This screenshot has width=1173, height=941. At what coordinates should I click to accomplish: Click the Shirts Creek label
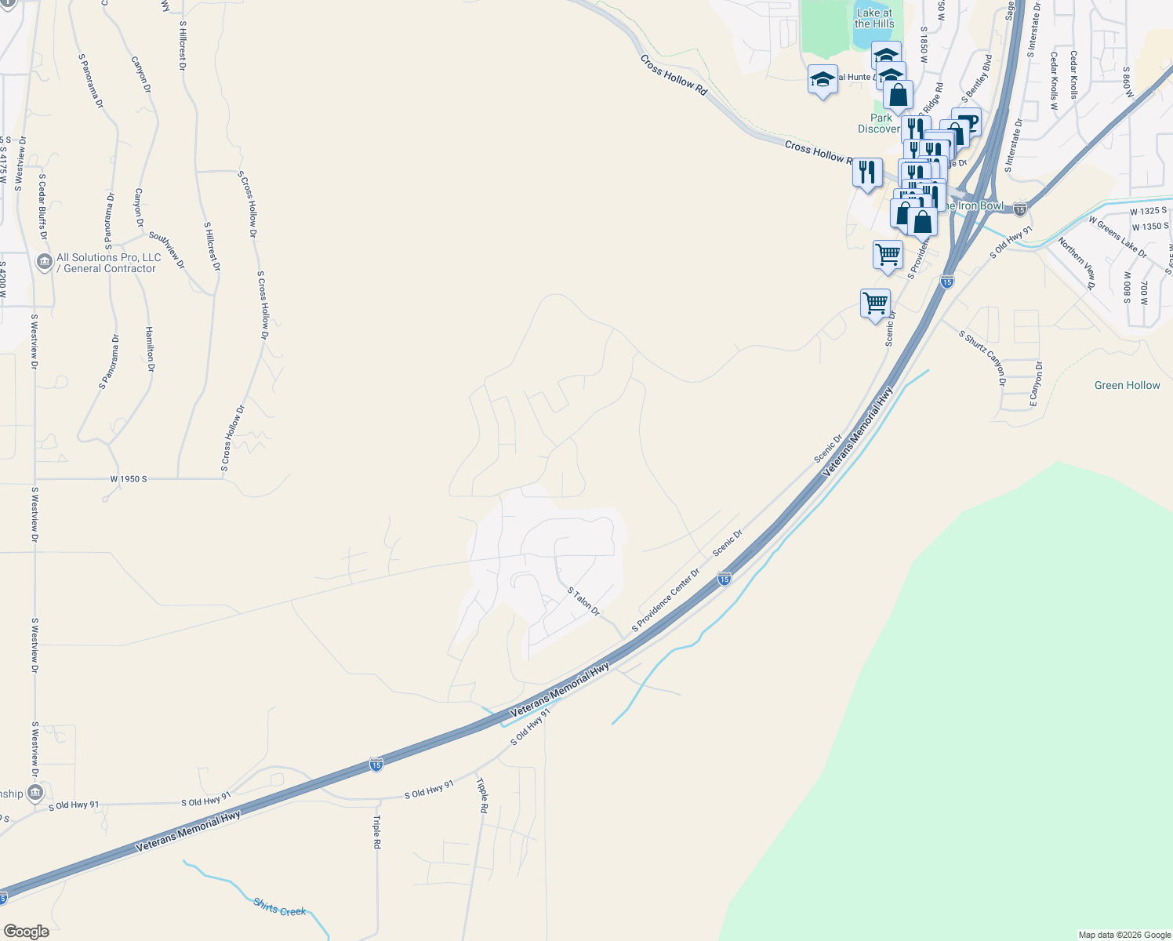click(x=279, y=908)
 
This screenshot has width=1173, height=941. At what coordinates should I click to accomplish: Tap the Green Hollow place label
click(x=1127, y=385)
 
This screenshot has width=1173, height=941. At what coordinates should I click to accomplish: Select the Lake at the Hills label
click(x=874, y=18)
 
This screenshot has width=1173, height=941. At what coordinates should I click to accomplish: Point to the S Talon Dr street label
click(x=583, y=601)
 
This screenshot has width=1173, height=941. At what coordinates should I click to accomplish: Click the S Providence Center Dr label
click(x=666, y=600)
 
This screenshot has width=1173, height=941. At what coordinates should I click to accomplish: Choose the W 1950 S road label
click(x=129, y=478)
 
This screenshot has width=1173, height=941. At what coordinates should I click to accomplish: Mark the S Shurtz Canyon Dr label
click(x=982, y=358)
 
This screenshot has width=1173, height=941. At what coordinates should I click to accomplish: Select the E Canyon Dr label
click(x=1036, y=383)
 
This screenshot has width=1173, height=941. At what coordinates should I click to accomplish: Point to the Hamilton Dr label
click(x=150, y=349)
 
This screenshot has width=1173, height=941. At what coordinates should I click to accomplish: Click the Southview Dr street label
click(x=166, y=249)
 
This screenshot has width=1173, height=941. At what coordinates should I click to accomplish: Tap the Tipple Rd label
click(x=482, y=795)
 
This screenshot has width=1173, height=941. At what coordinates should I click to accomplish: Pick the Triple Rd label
click(x=377, y=832)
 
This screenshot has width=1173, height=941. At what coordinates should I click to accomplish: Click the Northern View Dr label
click(x=1076, y=263)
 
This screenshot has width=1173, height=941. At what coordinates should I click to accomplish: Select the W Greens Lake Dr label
click(x=1117, y=236)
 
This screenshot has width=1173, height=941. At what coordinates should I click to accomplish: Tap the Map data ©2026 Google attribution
click(x=1124, y=935)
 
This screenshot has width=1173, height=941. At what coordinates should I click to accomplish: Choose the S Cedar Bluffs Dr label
click(x=42, y=207)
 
